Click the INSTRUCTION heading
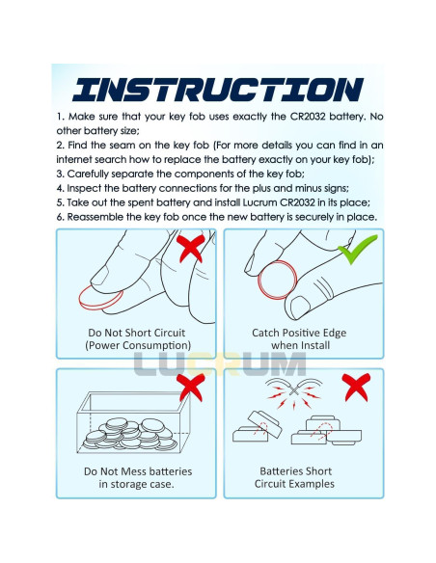[x=218, y=90]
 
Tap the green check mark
[x=357, y=249]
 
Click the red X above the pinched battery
[x=191, y=248]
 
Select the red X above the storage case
[x=191, y=388]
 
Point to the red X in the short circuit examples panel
[x=356, y=388]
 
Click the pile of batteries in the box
[x=130, y=434]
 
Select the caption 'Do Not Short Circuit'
[x=136, y=333]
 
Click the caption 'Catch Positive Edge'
[x=299, y=333]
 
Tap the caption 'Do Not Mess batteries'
[x=138, y=471]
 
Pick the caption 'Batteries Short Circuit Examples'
[x=295, y=477]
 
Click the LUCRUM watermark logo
[x=220, y=364]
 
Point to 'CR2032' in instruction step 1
[x=308, y=117]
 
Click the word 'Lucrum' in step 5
[x=259, y=202]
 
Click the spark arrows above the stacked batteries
[x=294, y=394]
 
